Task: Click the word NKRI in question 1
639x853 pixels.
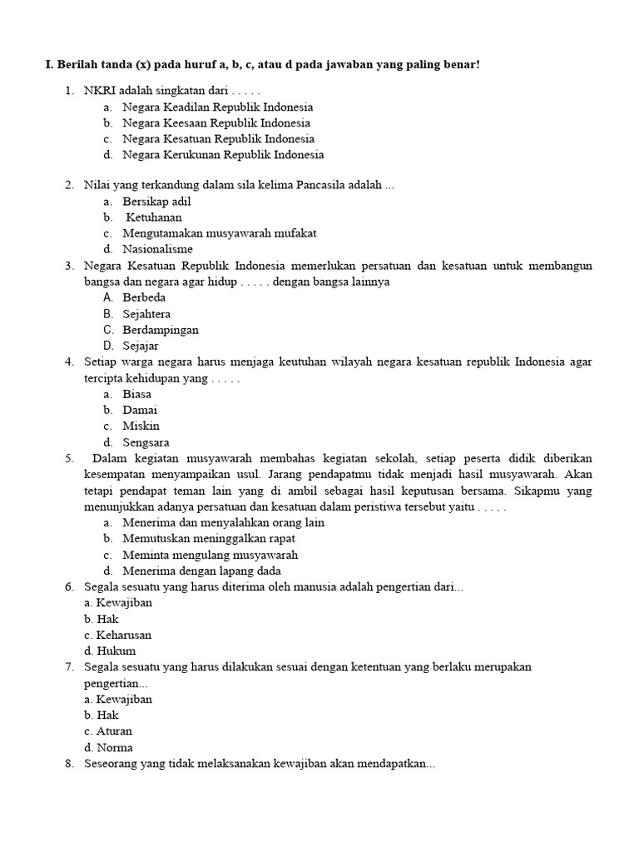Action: tap(98, 91)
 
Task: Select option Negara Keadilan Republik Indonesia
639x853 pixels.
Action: tap(217, 107)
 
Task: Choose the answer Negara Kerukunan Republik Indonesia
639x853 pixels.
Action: tap(223, 154)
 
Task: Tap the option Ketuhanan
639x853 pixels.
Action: tap(154, 217)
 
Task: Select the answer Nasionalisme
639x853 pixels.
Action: tap(157, 249)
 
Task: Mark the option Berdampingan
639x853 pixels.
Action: tap(161, 330)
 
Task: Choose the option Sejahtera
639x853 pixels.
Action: tap(146, 314)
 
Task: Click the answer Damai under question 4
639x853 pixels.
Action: tap(140, 410)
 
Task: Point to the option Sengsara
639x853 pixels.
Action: tap(146, 442)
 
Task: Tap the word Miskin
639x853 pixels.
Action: tap(141, 426)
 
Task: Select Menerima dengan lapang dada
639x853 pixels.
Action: tap(201, 571)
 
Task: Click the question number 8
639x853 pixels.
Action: tap(70, 763)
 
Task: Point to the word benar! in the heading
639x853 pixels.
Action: tap(459, 65)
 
